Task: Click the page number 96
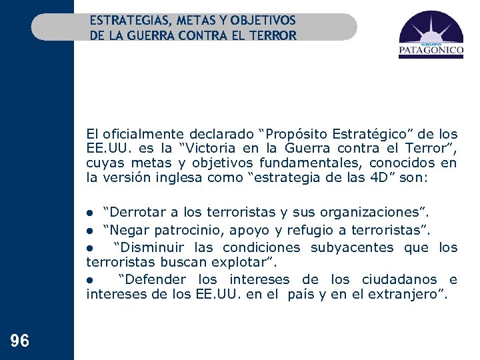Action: tap(20, 341)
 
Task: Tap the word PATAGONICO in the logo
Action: tap(431, 49)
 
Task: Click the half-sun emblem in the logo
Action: tap(430, 29)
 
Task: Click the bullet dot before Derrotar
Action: tap(91, 213)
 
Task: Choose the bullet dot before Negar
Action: tap(91, 231)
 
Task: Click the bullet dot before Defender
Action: tap(91, 280)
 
